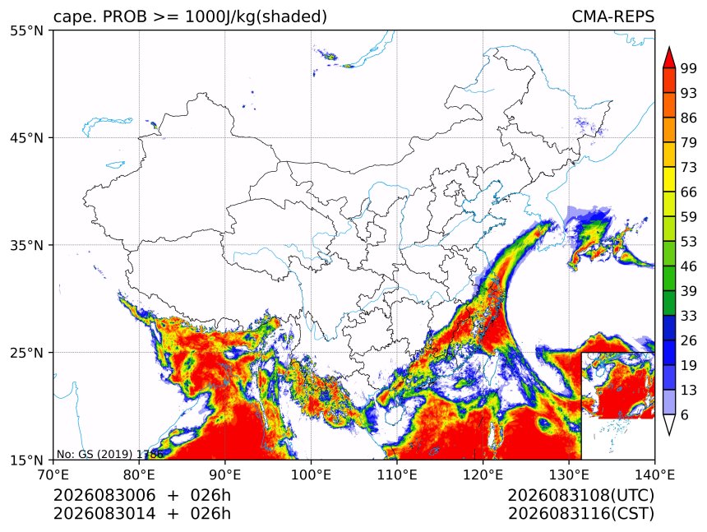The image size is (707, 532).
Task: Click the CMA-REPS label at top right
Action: (x=612, y=16)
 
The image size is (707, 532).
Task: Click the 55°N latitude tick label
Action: (x=26, y=31)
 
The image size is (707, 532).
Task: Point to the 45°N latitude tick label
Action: (x=26, y=138)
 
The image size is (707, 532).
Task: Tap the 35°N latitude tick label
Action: (x=26, y=245)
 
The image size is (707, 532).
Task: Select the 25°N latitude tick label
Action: (x=26, y=353)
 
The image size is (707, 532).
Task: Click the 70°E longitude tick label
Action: (x=53, y=474)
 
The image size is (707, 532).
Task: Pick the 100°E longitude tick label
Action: (x=311, y=474)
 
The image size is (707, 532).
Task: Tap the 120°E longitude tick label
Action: (x=483, y=474)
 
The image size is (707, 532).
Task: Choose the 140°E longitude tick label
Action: (x=654, y=474)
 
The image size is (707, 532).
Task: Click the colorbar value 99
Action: (x=689, y=68)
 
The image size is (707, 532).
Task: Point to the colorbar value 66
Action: (x=689, y=192)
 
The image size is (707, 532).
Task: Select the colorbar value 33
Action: (x=689, y=316)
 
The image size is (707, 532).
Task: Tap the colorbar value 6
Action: (x=685, y=414)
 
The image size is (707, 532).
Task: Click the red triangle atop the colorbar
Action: (x=669, y=58)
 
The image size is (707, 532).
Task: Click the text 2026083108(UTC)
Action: (x=580, y=495)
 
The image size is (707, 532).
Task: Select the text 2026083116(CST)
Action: (x=580, y=514)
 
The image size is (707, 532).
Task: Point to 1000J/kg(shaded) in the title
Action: (x=256, y=16)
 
